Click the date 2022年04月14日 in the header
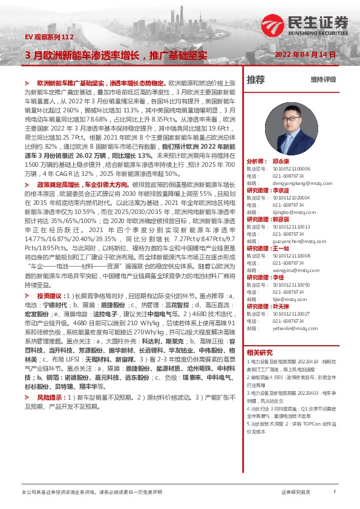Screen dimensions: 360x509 coord(305,54)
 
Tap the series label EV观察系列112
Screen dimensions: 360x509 coord(49,37)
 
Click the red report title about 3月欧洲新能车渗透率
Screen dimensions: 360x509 coord(116,54)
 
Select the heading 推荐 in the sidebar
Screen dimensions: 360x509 coord(256,79)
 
